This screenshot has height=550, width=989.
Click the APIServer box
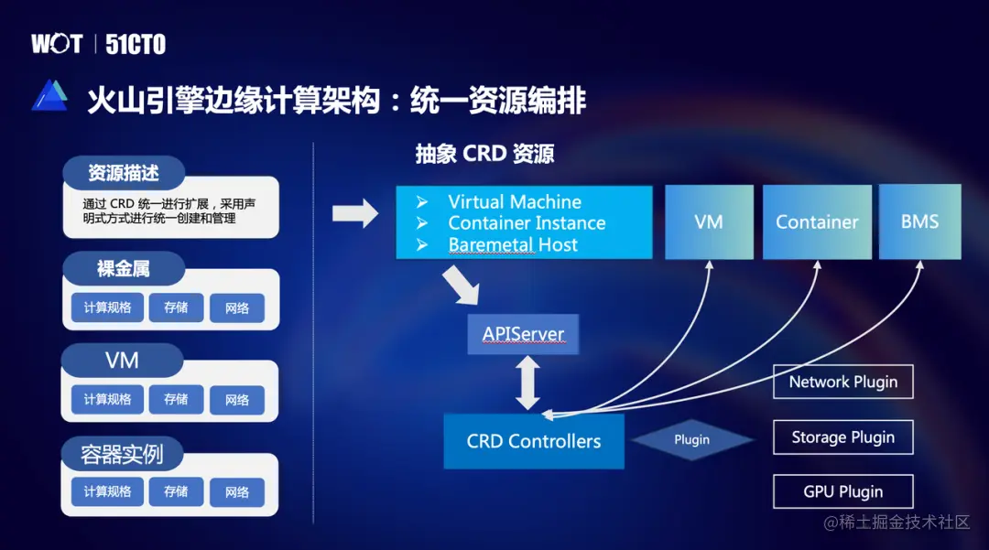coord(523,334)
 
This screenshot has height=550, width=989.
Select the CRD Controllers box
coord(534,441)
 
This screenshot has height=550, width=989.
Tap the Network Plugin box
coord(842,382)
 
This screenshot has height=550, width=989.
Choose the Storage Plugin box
coord(842,437)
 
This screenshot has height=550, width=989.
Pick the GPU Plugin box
coord(842,491)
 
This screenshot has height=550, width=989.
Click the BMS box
coord(919,221)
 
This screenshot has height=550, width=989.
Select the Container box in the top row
coord(817,221)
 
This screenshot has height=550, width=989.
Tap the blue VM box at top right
coord(709,221)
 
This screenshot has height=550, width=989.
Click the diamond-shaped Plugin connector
coord(691,440)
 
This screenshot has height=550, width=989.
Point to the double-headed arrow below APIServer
coord(527,383)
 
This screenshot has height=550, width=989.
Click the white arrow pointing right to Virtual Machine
coord(354,214)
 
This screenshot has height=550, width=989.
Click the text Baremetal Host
coord(513,244)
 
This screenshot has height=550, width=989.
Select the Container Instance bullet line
coord(527,223)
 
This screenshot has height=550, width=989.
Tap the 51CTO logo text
coord(136,45)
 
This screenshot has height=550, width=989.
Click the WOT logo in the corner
coord(57,44)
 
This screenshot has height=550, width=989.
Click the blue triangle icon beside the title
coord(49,96)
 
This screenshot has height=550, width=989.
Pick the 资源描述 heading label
coord(124,173)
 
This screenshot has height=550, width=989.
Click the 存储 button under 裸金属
coord(176,308)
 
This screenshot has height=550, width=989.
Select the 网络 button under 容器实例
coord(237,492)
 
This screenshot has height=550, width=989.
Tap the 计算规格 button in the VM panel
coord(107,400)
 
